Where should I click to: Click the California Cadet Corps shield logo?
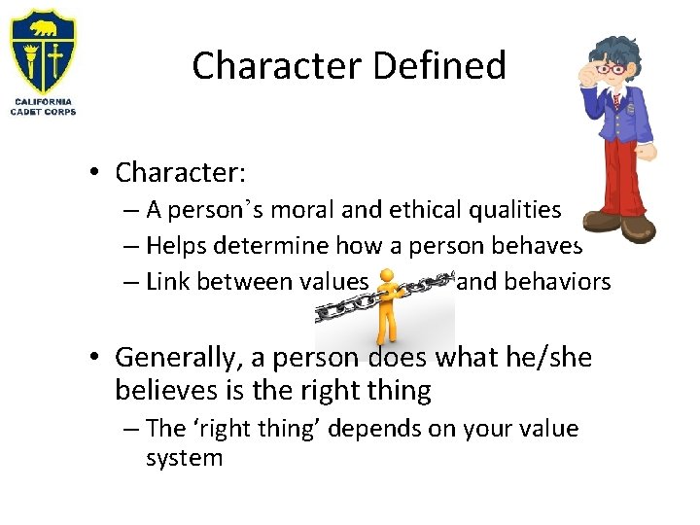tap(43, 51)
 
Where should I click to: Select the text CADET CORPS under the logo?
tap(43, 112)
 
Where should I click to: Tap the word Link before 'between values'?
tap(169, 282)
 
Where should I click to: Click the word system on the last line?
tap(184, 458)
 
